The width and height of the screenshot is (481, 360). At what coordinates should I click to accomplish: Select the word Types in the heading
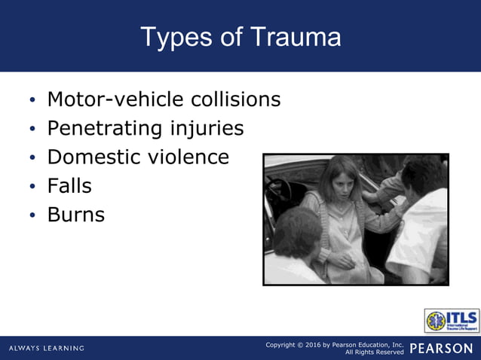(175, 37)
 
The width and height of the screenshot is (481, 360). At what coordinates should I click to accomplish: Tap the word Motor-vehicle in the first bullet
(109, 99)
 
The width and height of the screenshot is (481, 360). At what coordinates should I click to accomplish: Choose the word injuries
(207, 128)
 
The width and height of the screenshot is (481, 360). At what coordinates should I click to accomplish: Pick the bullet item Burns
(75, 215)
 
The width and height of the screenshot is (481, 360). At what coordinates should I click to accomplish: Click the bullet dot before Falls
(32, 187)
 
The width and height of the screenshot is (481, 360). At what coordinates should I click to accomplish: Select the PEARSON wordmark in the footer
(441, 348)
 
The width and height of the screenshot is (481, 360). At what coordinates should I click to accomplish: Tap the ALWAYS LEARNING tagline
(47, 348)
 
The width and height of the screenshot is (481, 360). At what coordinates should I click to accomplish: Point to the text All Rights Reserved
(374, 352)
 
